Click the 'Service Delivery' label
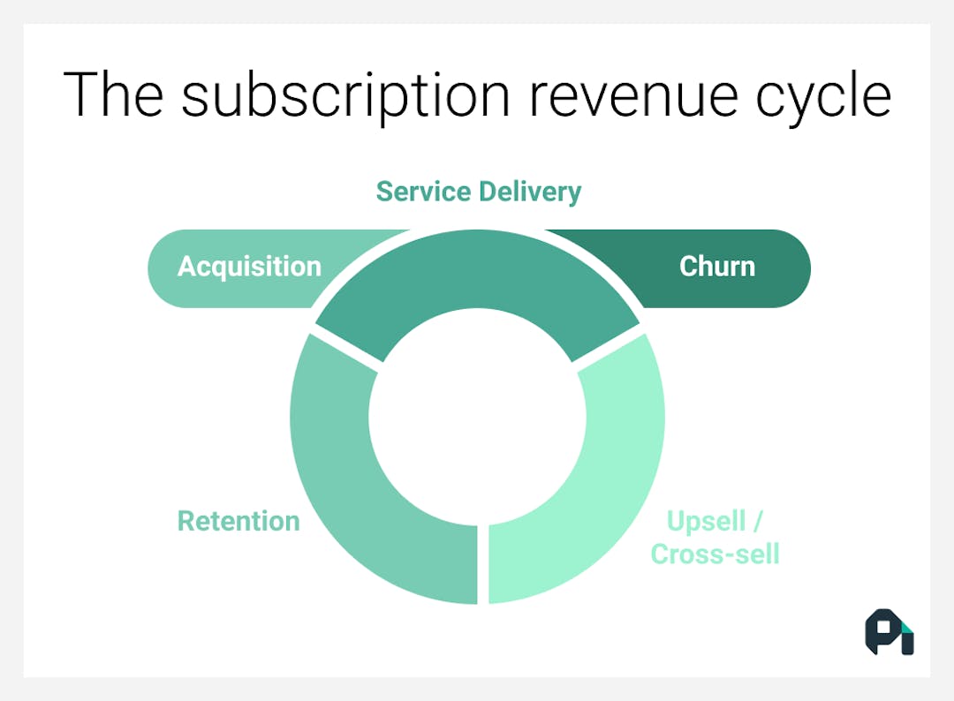pyautogui.click(x=478, y=192)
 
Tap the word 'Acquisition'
pyautogui.click(x=249, y=267)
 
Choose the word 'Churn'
pyautogui.click(x=716, y=267)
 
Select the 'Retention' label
pyautogui.click(x=238, y=521)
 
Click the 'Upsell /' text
pyautogui.click(x=715, y=521)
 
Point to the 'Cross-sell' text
pyautogui.click(x=715, y=554)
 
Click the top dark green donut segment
pyautogui.click(x=477, y=274)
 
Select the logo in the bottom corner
pyautogui.click(x=889, y=631)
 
